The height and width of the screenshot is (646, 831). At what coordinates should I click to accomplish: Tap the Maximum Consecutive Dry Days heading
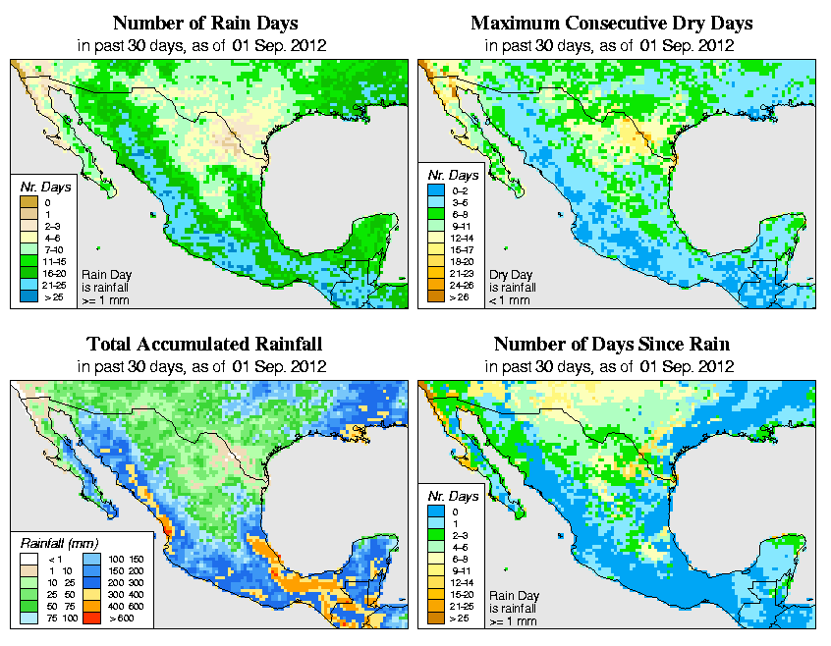[612, 23]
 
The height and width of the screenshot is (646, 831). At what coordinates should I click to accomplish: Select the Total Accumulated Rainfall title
[204, 345]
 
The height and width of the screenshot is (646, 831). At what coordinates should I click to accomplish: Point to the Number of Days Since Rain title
[612, 345]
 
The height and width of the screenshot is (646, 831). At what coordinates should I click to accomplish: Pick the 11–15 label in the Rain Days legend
[54, 260]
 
